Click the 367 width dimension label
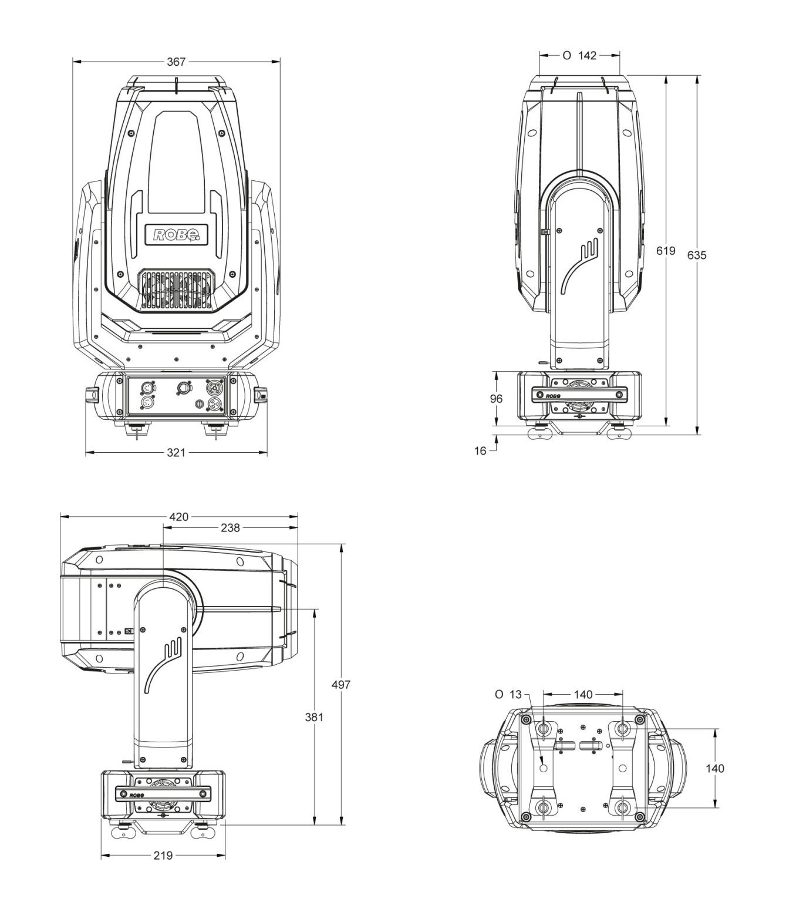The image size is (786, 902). (x=176, y=62)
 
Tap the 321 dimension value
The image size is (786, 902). (x=176, y=452)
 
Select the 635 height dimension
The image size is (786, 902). (x=697, y=255)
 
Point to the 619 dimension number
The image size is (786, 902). (x=666, y=251)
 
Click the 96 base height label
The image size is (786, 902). (x=496, y=399)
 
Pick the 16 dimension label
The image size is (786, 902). (x=480, y=451)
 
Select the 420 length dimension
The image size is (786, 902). (x=178, y=517)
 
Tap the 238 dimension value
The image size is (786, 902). (x=230, y=528)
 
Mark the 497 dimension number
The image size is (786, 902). (x=341, y=685)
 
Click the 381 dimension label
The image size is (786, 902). (x=314, y=717)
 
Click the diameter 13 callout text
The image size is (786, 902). (x=508, y=695)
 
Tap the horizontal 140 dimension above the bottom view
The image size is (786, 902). (x=583, y=695)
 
